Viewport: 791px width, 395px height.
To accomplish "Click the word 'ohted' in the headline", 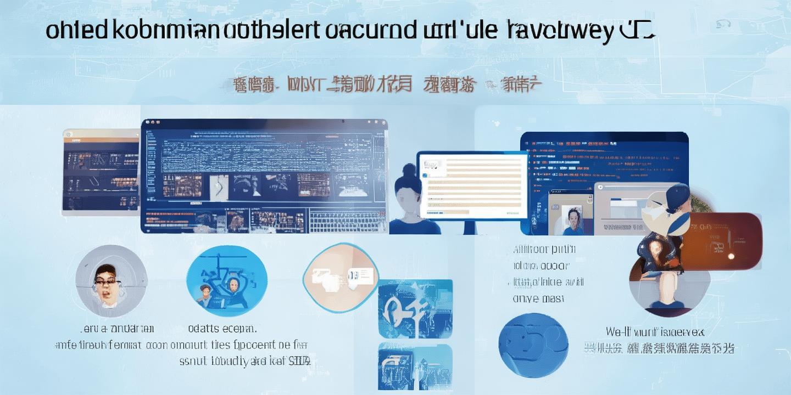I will click(x=76, y=31).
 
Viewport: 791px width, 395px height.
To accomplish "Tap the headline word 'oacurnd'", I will click(x=371, y=31).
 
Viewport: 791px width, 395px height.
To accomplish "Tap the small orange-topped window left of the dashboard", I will click(x=101, y=170).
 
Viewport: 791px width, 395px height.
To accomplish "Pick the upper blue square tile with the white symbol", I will click(x=415, y=308).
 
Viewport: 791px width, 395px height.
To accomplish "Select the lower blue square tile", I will click(x=415, y=366).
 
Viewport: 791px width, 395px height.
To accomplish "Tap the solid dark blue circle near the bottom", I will click(x=533, y=338).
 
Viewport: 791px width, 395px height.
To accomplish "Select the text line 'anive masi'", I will click(x=538, y=299).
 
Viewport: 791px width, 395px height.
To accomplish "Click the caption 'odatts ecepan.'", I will click(x=222, y=329).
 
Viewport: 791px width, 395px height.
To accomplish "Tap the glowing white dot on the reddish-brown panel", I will click(x=731, y=256).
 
